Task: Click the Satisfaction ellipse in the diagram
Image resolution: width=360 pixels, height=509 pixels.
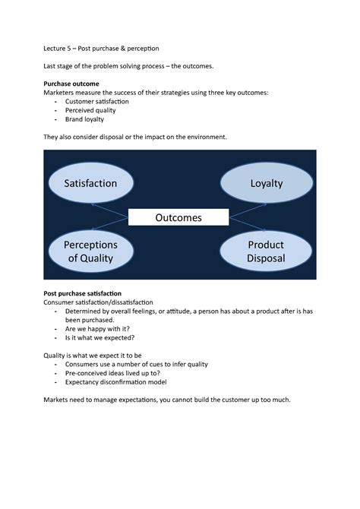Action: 90,183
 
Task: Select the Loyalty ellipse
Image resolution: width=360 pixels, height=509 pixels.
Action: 266,183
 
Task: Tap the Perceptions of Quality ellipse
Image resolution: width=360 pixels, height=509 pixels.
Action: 90,251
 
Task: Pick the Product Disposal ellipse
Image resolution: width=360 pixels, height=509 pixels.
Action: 266,251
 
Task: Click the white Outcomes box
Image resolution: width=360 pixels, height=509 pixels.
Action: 178,217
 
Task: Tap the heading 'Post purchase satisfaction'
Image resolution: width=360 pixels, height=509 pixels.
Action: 83,292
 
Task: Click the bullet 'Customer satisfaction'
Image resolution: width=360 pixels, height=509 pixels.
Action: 96,101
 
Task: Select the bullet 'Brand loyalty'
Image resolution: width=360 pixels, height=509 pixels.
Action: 84,119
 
